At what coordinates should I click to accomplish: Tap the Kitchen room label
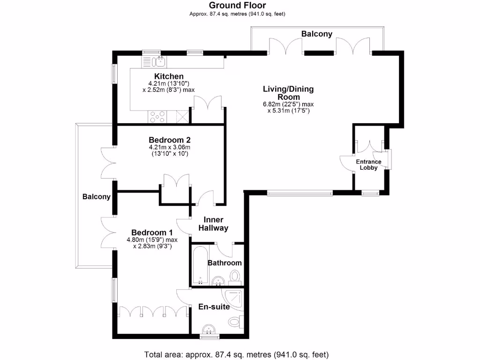(x=169, y=76)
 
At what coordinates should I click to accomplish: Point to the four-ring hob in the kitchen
(x=157, y=117)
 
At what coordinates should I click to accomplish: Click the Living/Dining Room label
(x=288, y=93)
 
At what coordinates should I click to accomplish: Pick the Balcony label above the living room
(x=316, y=34)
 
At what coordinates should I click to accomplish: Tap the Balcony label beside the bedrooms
(x=96, y=197)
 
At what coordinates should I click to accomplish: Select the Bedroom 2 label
(x=169, y=140)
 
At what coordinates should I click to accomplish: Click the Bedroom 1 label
(x=152, y=232)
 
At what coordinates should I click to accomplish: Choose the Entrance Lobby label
(x=369, y=165)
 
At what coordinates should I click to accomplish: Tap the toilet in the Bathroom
(x=235, y=277)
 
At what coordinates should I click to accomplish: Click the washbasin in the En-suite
(x=210, y=328)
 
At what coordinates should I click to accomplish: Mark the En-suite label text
(x=213, y=307)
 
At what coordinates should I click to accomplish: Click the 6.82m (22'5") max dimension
(x=288, y=104)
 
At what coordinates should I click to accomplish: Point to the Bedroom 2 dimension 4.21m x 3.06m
(x=169, y=147)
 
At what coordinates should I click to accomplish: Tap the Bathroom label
(x=225, y=263)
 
